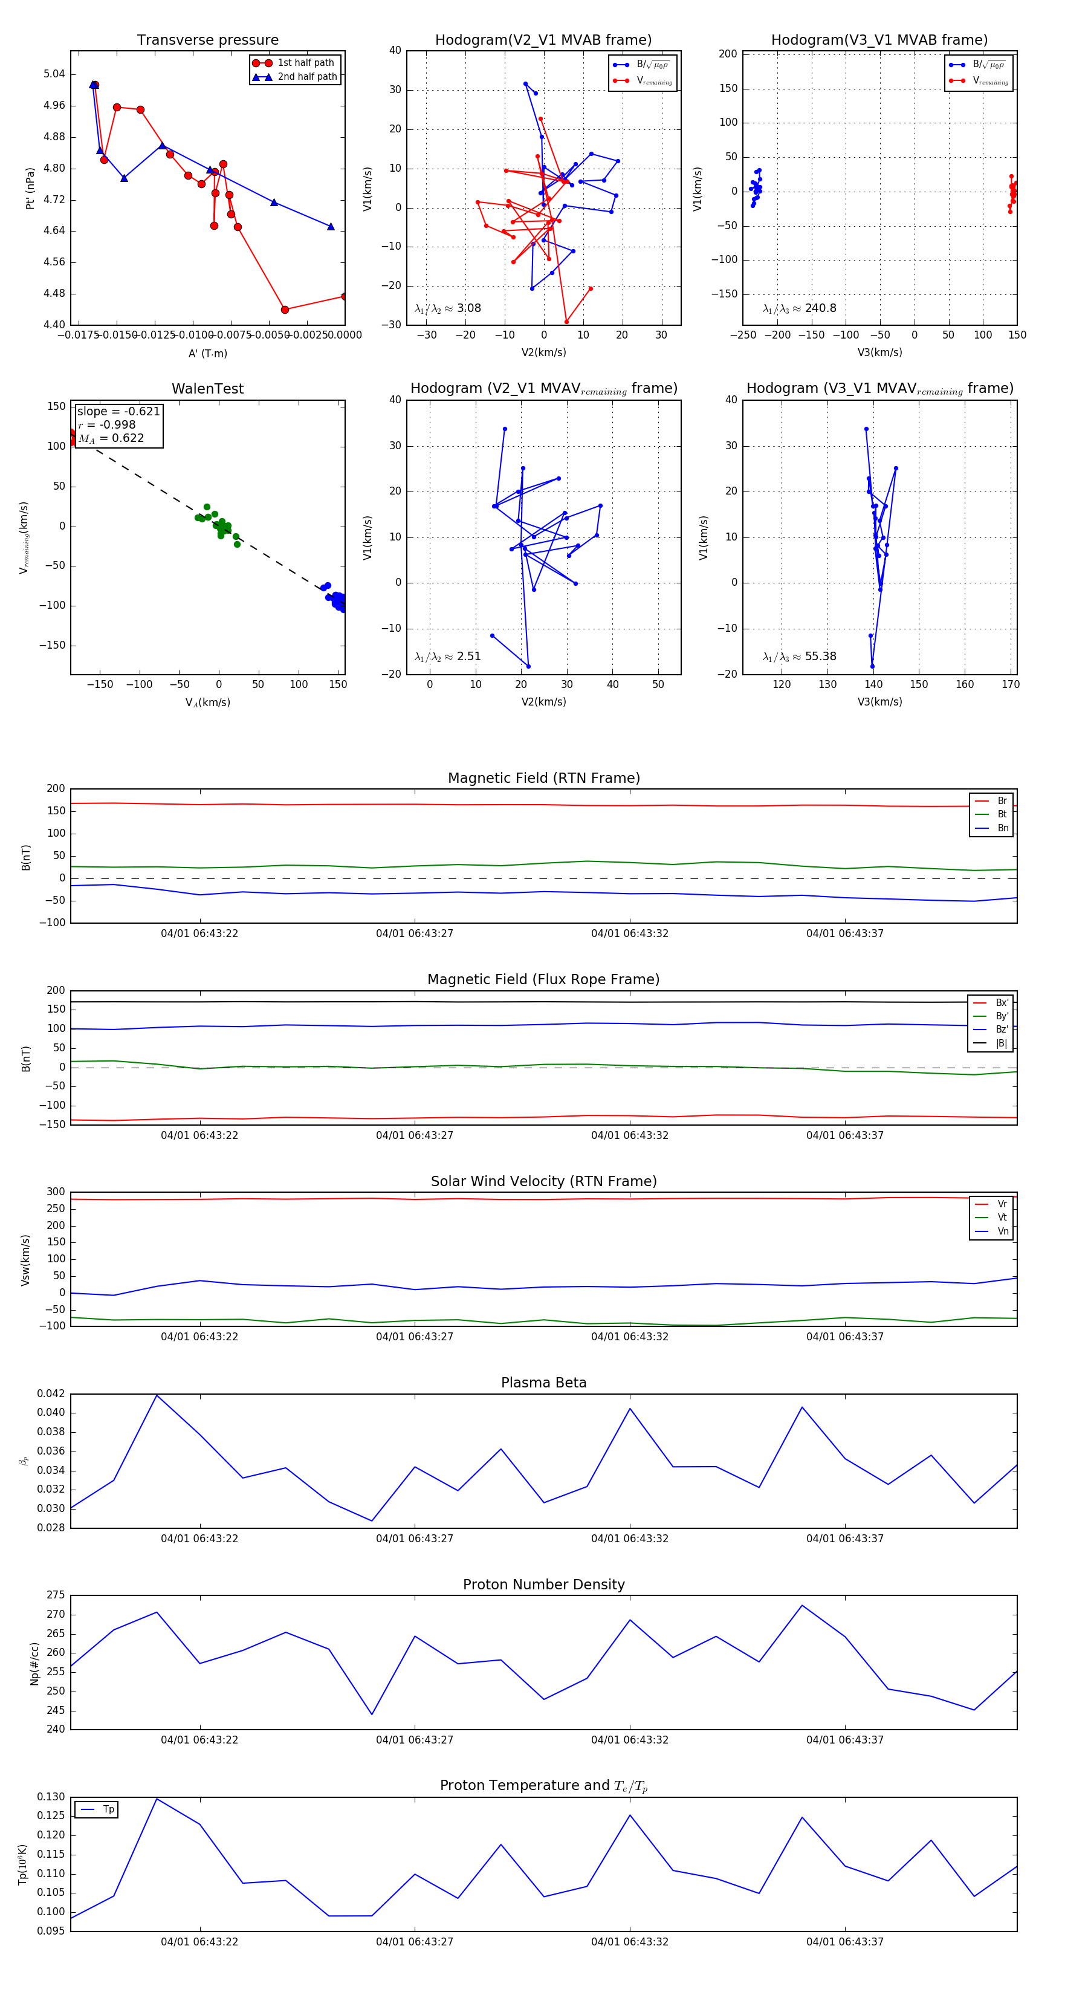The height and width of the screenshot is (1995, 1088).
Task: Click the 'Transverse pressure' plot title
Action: pos(207,41)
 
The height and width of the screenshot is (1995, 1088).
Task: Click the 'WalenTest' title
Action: pos(207,389)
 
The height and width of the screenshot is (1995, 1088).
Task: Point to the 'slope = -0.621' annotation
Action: pos(118,411)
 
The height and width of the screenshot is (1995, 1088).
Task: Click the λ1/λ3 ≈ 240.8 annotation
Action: pos(799,308)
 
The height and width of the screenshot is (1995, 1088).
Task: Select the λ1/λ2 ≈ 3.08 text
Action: pos(447,308)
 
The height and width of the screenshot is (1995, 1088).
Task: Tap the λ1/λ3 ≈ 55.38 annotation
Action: pos(799,657)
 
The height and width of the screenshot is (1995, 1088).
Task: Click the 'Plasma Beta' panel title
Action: pos(543,1383)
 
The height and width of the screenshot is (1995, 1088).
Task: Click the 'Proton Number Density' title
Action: pos(543,1585)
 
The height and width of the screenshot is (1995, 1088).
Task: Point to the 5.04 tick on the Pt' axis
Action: pos(54,74)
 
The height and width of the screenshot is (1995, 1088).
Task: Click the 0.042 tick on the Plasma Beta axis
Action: pos(51,1394)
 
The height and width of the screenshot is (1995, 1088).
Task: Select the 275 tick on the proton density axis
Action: pos(56,1595)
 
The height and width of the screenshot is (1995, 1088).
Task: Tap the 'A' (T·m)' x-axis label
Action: pos(207,354)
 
